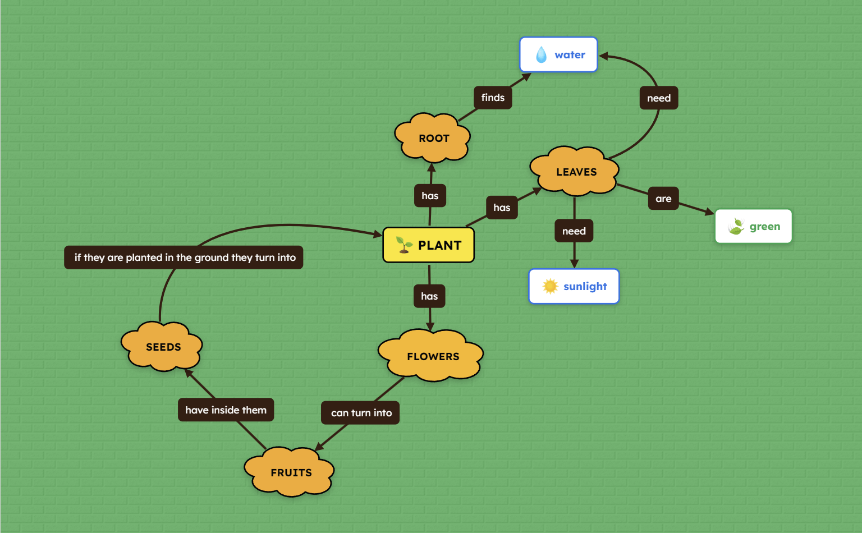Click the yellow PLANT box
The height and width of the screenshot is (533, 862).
coord(428,245)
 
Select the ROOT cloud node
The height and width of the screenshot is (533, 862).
coord(433,138)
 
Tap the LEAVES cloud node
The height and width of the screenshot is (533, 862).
coord(575,172)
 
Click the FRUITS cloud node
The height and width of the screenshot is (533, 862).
coord(290,472)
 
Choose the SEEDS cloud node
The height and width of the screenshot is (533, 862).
coord(162,347)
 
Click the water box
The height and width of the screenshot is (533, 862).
coord(558,55)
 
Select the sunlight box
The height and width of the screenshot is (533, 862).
coord(574,287)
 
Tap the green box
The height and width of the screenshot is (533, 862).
coord(753,227)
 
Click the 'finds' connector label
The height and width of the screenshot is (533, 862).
coord(493,98)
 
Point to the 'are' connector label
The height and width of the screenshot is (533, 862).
coord(663,199)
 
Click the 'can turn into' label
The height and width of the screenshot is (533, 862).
coord(361,413)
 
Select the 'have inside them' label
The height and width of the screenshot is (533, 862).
coord(226,410)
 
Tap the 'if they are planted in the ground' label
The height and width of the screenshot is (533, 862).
coord(184,258)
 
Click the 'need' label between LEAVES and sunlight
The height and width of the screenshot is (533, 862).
coord(574,231)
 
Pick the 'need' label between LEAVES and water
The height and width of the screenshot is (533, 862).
coord(659,98)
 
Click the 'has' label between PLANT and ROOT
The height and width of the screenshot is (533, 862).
coord(430,196)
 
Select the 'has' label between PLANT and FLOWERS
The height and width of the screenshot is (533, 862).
coord(429,296)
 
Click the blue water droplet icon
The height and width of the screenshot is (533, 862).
coord(541,55)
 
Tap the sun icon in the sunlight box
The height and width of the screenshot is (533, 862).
coord(550,287)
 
